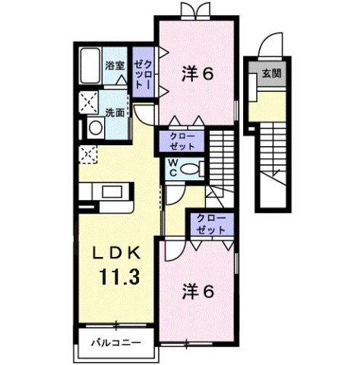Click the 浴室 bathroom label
[115, 66]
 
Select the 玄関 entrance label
[270, 74]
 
